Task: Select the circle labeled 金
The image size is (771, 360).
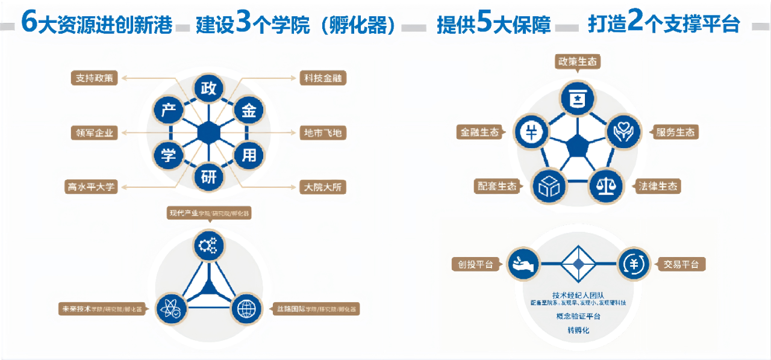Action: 248,110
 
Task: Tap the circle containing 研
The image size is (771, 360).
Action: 208,177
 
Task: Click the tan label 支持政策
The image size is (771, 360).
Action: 94,78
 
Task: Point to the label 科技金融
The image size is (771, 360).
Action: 323,78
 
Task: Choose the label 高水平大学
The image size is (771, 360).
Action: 90,187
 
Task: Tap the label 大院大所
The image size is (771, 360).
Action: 323,187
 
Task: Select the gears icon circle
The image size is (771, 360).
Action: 208,244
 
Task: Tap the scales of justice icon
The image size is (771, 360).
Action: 605,184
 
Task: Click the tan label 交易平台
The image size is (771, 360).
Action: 681,264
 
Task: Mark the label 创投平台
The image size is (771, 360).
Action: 476,264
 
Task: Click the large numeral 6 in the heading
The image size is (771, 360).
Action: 28,22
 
